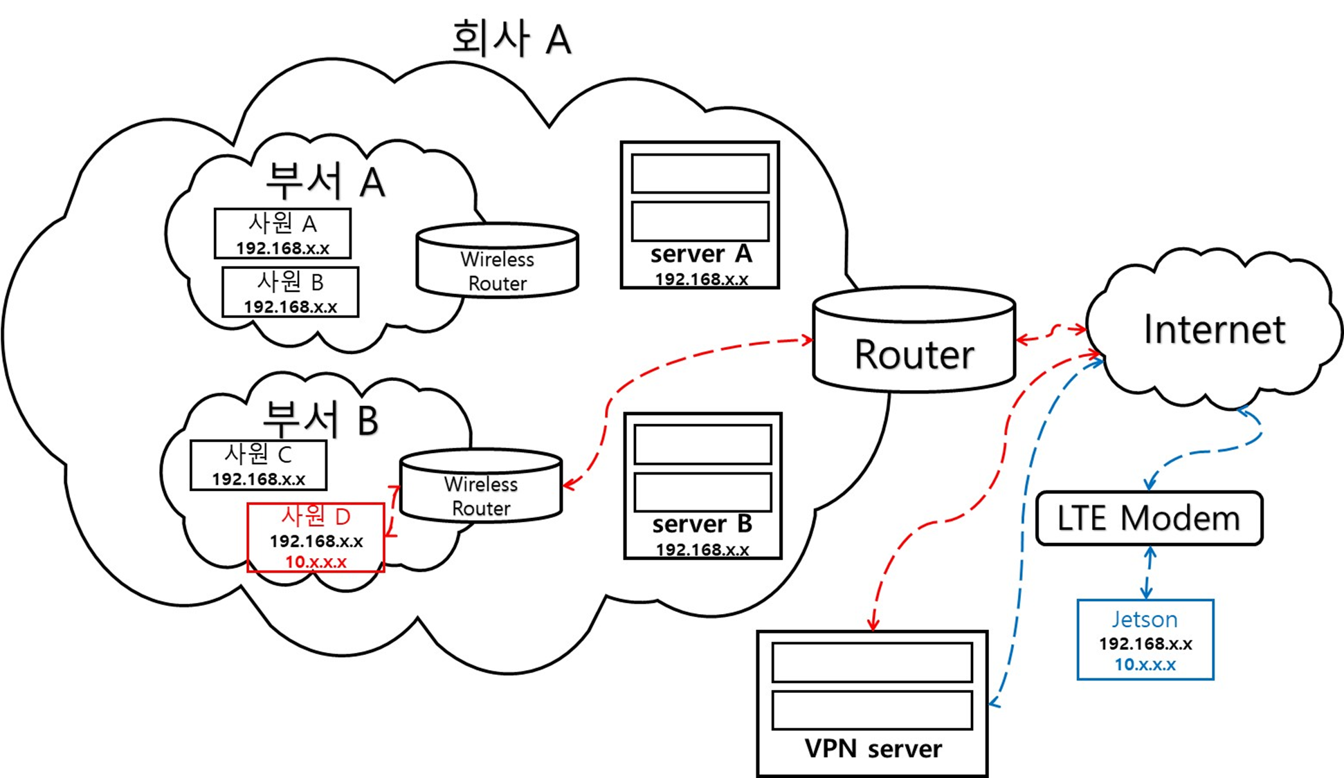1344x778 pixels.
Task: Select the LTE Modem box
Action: [1149, 519]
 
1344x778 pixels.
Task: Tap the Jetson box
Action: [1145, 640]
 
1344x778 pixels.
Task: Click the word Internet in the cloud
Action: [1214, 329]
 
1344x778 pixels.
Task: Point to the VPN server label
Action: [873, 749]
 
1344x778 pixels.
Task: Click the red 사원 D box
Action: [316, 537]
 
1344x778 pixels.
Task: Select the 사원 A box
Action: [282, 234]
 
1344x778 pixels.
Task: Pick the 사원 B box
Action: [290, 292]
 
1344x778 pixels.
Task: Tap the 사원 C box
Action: [258, 465]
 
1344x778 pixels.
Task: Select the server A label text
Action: [700, 254]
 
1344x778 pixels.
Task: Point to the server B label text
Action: [702, 524]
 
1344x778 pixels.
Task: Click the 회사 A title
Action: [511, 38]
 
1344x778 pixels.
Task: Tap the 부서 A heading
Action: [325, 181]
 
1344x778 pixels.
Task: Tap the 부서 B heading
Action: [320, 419]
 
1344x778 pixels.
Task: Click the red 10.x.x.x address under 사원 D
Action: [316, 562]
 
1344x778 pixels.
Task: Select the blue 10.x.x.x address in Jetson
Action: [1145, 665]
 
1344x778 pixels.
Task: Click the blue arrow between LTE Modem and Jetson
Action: [1149, 573]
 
